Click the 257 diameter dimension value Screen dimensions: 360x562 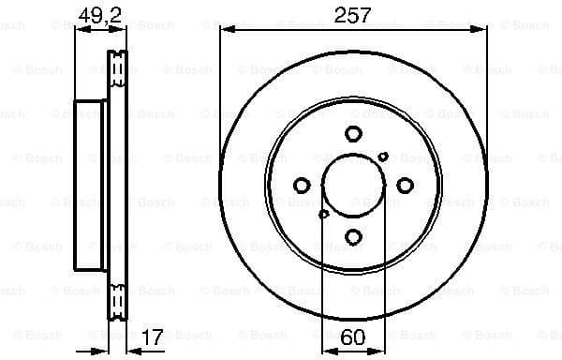[353, 15]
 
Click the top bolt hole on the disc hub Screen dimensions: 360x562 [353, 134]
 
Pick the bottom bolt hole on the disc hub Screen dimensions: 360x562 [353, 236]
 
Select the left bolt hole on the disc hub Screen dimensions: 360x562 [302, 186]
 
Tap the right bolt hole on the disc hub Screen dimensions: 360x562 [405, 186]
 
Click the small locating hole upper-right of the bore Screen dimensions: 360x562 [384, 157]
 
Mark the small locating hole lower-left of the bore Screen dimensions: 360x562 [323, 215]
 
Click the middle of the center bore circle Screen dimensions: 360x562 [353, 186]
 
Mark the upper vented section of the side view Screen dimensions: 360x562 [118, 70]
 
